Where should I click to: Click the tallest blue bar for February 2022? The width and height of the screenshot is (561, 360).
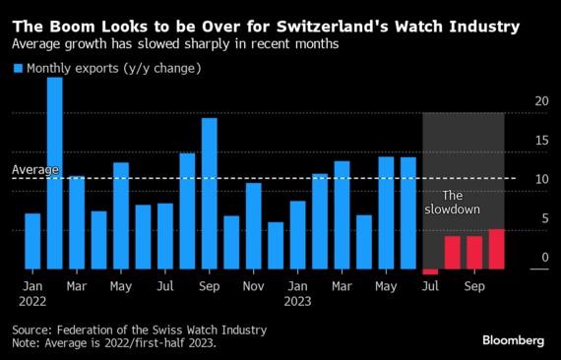[x=55, y=173]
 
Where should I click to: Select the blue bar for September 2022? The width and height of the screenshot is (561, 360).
[x=210, y=194]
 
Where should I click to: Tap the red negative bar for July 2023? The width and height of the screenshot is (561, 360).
[x=430, y=272]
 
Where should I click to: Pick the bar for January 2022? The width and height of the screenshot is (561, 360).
[x=32, y=241]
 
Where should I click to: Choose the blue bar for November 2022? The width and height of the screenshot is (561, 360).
[x=254, y=226]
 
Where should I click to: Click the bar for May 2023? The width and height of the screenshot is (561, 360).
[x=386, y=213]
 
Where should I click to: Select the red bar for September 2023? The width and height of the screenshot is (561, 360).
[x=474, y=253]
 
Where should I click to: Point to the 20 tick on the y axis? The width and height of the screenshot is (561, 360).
[x=541, y=101]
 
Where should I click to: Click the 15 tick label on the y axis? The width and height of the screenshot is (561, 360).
[x=541, y=140]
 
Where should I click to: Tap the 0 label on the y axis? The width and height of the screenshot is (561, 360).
[x=545, y=257]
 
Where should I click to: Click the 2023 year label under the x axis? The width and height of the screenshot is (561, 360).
[x=297, y=301]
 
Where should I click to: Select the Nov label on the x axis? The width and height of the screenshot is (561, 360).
[x=253, y=286]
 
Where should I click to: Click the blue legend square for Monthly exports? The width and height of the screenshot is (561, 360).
[x=18, y=68]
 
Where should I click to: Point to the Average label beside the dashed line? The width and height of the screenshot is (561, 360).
[x=35, y=169]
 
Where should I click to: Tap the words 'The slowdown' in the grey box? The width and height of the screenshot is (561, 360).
[x=452, y=203]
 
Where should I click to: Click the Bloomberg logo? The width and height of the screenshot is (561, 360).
[x=513, y=340]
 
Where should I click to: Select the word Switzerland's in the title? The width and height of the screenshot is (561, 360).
[x=333, y=27]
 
